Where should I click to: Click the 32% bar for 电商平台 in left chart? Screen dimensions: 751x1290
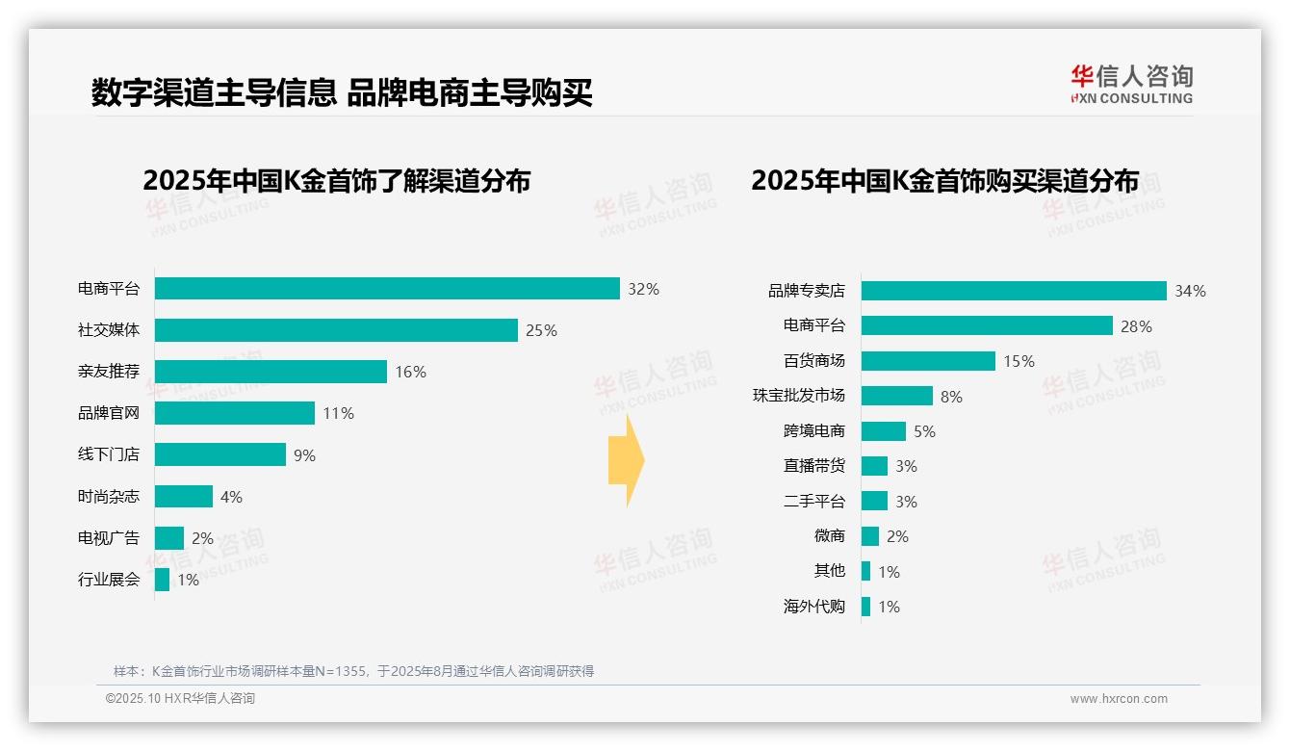pyautogui.click(x=387, y=289)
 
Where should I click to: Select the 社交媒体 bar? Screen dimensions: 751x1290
pyautogui.click(x=336, y=330)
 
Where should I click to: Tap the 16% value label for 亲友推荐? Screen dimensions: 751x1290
pyautogui.click(x=410, y=372)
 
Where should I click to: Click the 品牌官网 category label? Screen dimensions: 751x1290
pyautogui.click(x=109, y=413)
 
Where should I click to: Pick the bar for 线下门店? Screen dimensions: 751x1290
pyautogui.click(x=220, y=454)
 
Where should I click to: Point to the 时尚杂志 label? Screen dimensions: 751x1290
pyautogui.click(x=109, y=497)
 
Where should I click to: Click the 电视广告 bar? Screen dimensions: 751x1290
pyautogui.click(x=169, y=538)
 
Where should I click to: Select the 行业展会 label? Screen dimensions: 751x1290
pyautogui.click(x=109, y=580)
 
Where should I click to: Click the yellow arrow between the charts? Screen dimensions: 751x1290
pyautogui.click(x=627, y=460)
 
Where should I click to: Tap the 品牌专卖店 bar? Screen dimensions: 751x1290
pyautogui.click(x=1014, y=291)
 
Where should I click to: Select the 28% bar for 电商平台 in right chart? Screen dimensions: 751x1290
pyautogui.click(x=987, y=325)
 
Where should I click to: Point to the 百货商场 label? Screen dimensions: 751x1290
pyautogui.click(x=813, y=361)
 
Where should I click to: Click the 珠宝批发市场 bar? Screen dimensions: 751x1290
pyautogui.click(x=897, y=396)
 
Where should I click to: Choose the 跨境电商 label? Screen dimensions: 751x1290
pyautogui.click(x=813, y=431)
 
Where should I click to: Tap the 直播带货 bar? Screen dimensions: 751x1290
pyautogui.click(x=874, y=466)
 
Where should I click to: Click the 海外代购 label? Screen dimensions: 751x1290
pyautogui.click(x=813, y=607)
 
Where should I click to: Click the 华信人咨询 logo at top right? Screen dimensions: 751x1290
pyautogui.click(x=1131, y=85)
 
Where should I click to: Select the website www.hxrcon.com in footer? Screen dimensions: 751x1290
pyautogui.click(x=1119, y=699)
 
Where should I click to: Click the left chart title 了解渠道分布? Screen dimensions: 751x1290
pyautogui.click(x=336, y=181)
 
